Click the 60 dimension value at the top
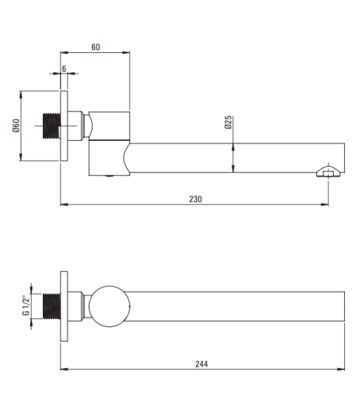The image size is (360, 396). coord(96,47)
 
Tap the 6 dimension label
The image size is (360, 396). coord(64,69)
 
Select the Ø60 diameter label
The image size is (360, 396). coord(16,126)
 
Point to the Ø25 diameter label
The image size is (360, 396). coord(228,122)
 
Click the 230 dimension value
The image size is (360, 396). coord(196,199)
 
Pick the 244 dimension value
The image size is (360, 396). coord(201,364)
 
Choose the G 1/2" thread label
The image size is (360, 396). coord(25,305)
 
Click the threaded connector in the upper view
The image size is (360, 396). coord(52,126)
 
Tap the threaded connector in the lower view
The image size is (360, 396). coord(52,306)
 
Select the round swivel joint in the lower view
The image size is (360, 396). coord(109,307)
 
